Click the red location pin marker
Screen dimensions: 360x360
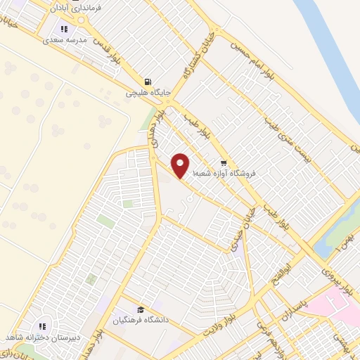point(181,165)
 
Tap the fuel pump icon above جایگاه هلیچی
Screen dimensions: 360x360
point(147,81)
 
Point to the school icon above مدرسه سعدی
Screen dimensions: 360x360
point(64,30)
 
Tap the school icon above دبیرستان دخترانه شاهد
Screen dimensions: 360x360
point(43,326)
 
